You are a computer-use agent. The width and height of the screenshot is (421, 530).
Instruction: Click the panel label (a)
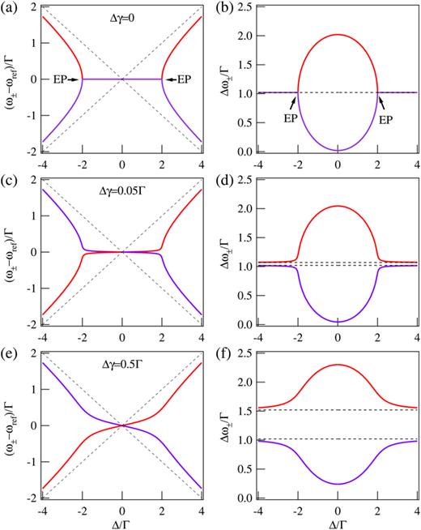tap(10, 7)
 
